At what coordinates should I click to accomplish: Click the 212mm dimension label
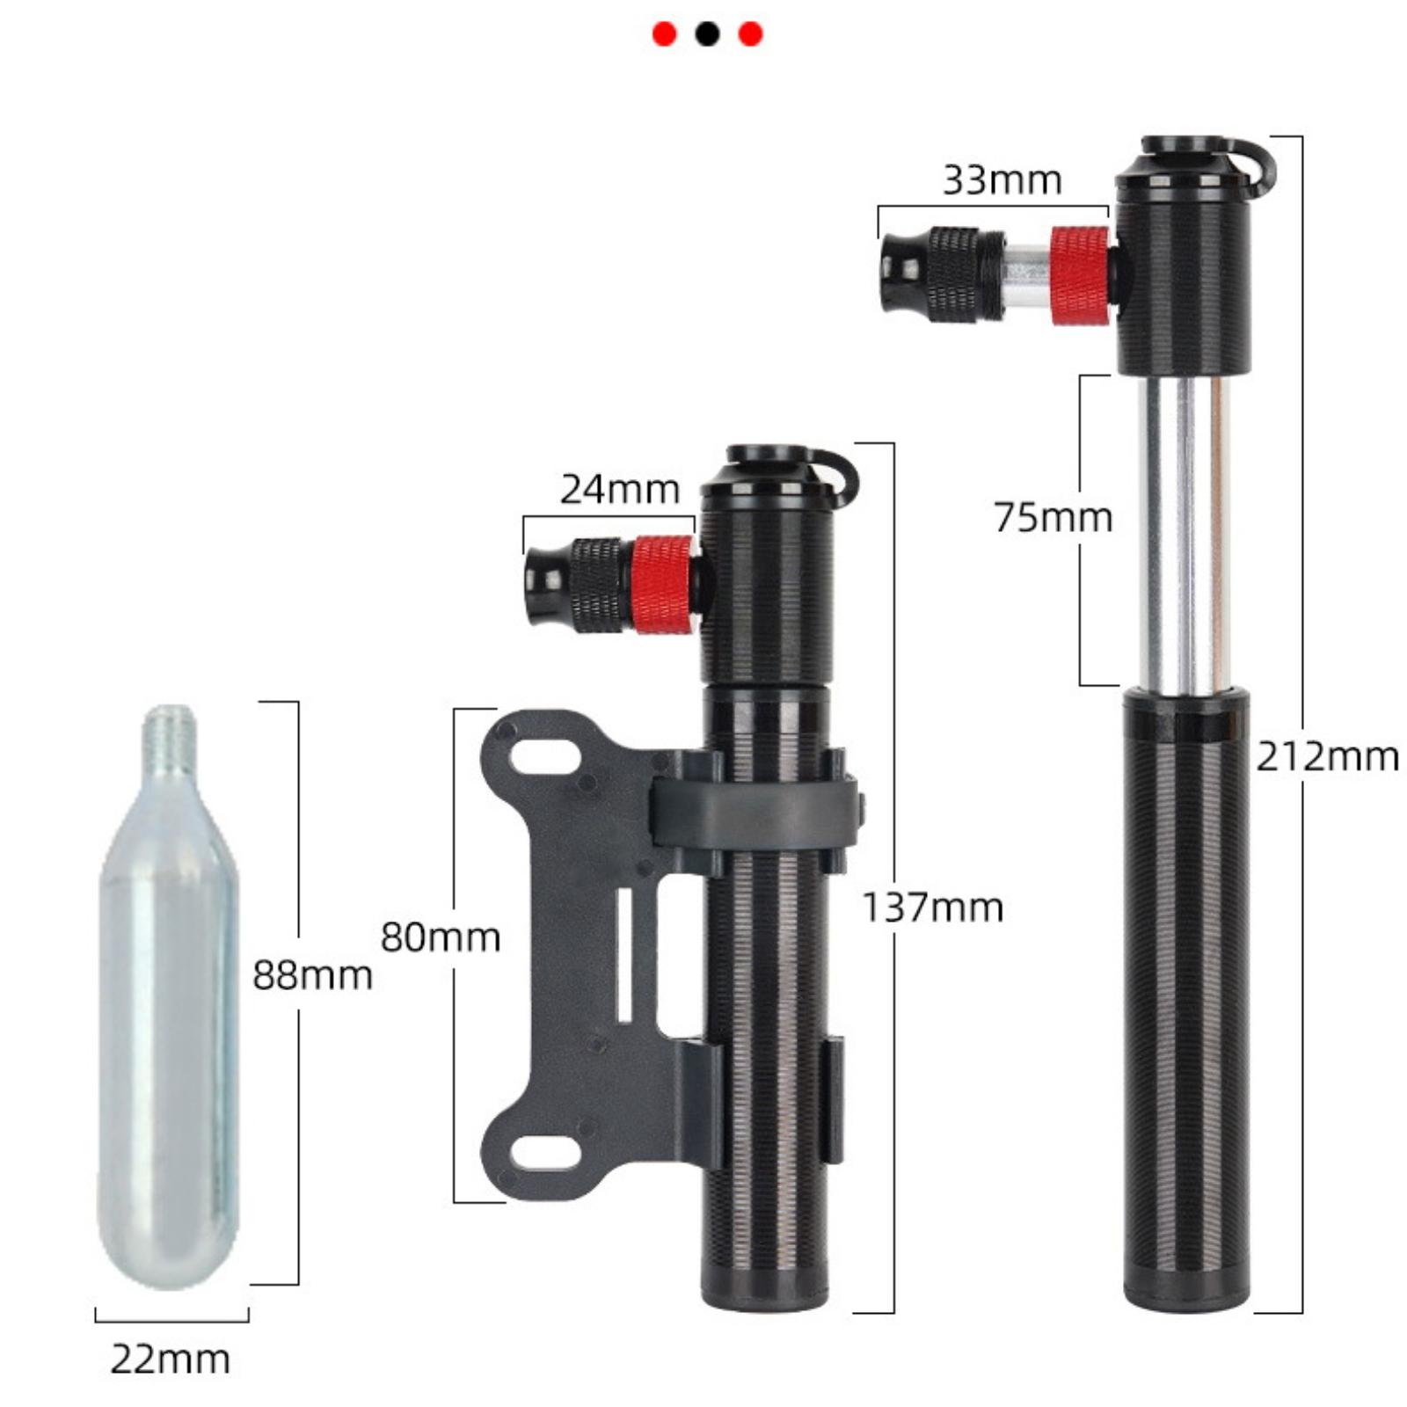(x=1326, y=757)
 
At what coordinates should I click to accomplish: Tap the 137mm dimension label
(x=932, y=907)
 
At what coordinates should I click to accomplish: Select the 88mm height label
(x=312, y=975)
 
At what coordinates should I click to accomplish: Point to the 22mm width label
(x=171, y=1360)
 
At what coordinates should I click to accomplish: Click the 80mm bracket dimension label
(x=440, y=937)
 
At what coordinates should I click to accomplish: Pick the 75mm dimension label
(x=1053, y=517)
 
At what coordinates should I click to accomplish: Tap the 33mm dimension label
(x=1002, y=180)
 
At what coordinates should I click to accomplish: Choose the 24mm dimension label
(x=620, y=490)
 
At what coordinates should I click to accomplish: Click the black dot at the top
(x=707, y=34)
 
